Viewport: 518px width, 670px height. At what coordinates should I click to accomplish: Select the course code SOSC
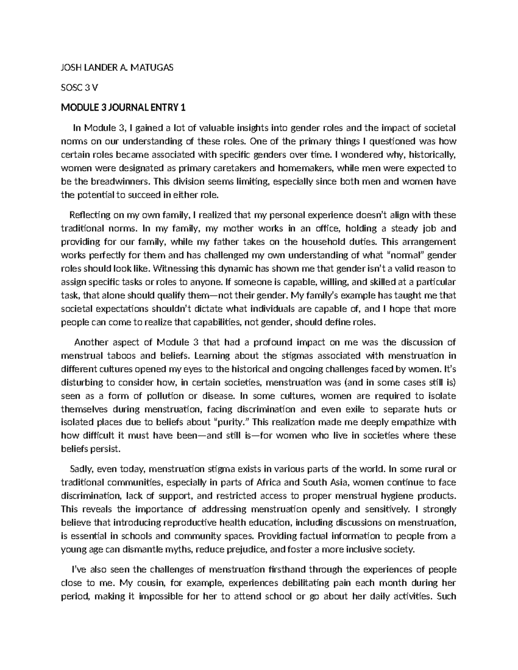tap(72, 88)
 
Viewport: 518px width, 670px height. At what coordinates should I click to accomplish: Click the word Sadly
tap(81, 469)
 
